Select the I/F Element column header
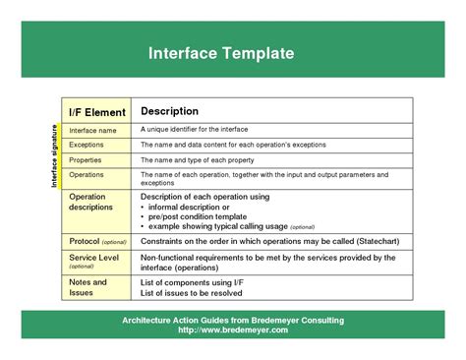(96, 112)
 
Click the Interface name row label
(92, 130)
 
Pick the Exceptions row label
(87, 145)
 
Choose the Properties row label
(86, 159)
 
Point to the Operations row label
(87, 174)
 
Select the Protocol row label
(97, 241)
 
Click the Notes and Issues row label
(87, 287)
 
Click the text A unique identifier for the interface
(194, 130)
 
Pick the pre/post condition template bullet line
(201, 216)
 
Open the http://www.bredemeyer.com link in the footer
(233, 330)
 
